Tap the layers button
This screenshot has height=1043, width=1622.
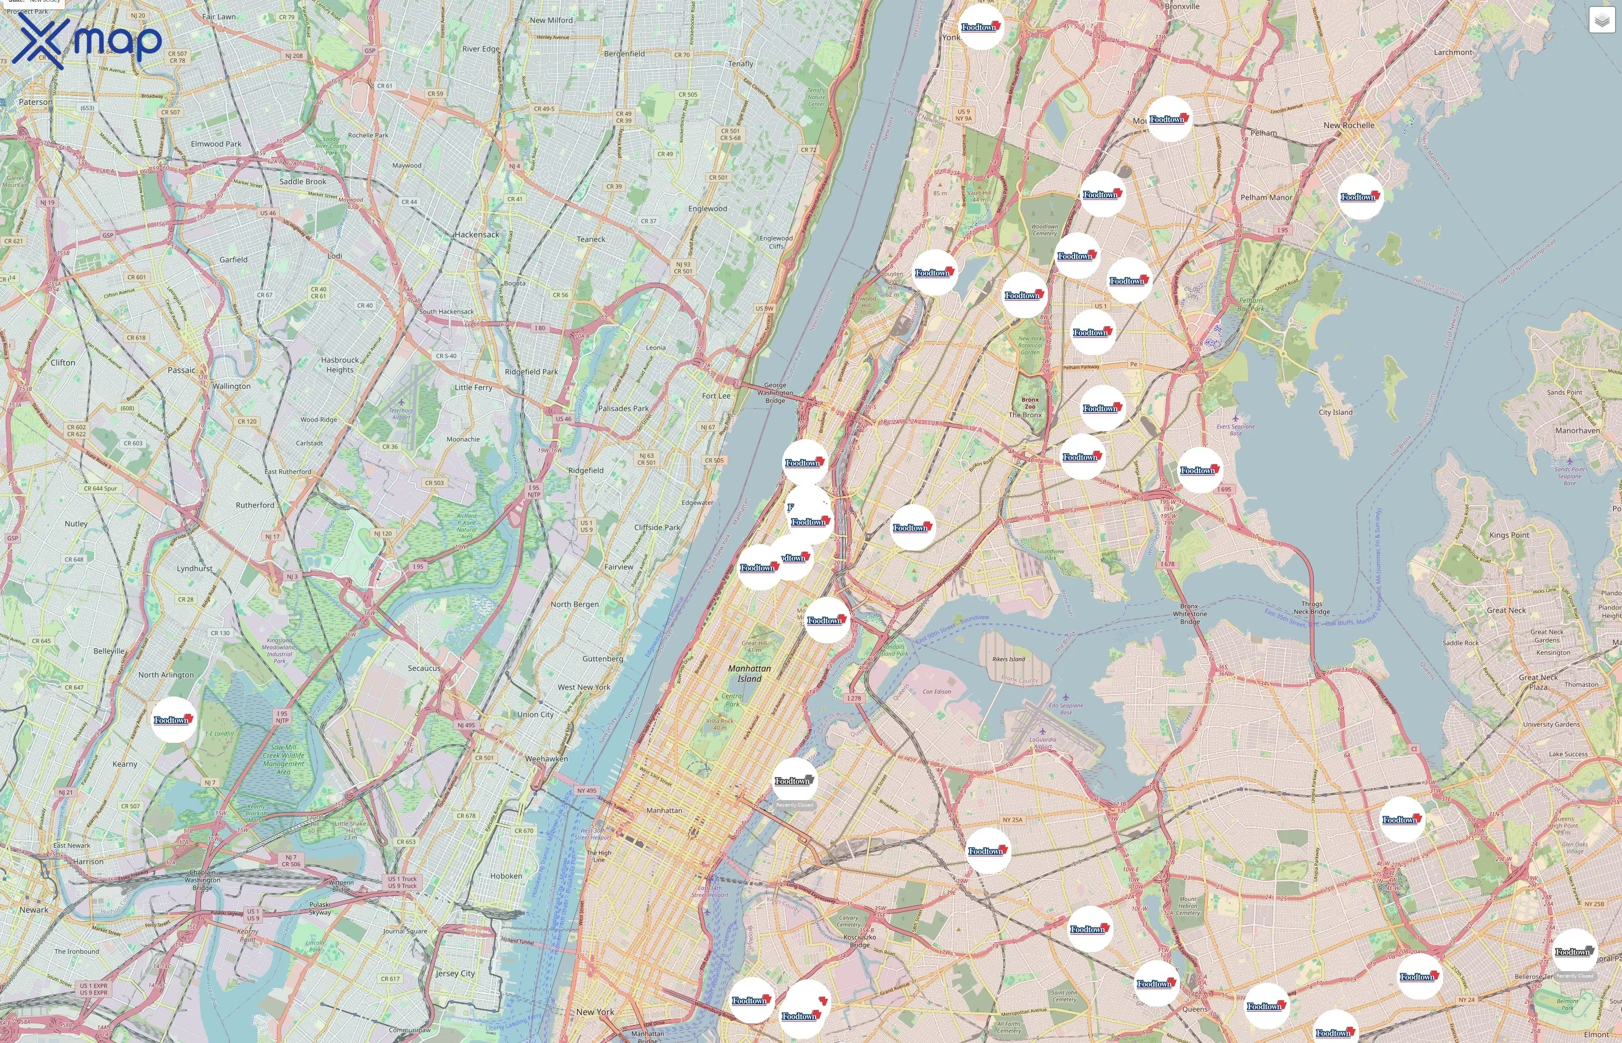click(1601, 20)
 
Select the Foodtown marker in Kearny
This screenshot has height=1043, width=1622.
click(173, 719)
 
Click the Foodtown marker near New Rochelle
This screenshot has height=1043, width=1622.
click(1360, 196)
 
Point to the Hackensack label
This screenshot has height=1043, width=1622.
click(477, 234)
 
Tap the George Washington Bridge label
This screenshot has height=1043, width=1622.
click(775, 392)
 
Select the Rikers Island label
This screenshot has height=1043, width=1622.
click(1008, 659)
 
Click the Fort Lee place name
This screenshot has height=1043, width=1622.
click(716, 396)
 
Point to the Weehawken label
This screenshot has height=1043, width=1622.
click(546, 758)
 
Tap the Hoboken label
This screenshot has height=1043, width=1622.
click(506, 876)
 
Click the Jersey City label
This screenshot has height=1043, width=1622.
click(455, 973)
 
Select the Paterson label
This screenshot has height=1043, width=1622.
click(35, 101)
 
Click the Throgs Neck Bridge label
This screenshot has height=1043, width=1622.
click(1312, 607)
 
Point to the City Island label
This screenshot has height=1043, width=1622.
click(1335, 412)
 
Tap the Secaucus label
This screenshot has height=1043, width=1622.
click(424, 668)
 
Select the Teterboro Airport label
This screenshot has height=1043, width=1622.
click(401, 413)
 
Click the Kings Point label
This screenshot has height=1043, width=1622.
click(1509, 535)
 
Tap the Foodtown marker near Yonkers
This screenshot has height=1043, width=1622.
click(980, 27)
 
